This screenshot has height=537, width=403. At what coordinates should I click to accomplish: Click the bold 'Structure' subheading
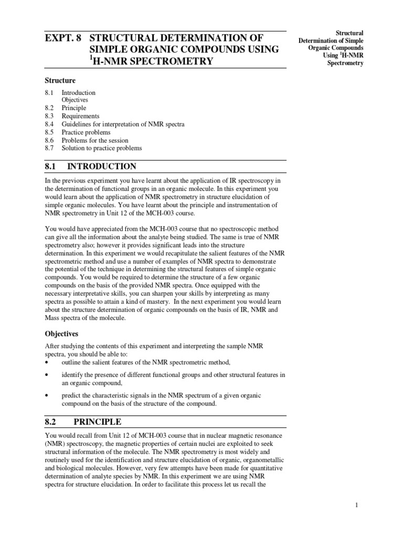(60, 81)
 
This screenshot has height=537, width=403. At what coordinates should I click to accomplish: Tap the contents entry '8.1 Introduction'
(78, 93)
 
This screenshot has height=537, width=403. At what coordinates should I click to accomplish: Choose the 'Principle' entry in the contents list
(74, 108)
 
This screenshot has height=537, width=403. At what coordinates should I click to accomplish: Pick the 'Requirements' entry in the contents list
(80, 116)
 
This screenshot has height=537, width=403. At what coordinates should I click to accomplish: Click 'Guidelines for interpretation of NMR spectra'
(123, 124)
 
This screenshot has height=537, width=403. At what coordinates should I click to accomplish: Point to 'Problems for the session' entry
(95, 141)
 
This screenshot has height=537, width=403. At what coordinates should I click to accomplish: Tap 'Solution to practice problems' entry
(102, 148)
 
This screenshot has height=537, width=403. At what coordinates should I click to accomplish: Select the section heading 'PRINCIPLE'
(98, 422)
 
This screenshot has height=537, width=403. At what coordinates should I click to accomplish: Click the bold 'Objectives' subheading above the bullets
(61, 334)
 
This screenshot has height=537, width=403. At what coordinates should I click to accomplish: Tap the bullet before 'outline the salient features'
(47, 362)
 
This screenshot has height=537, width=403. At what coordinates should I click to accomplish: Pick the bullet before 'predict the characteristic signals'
(47, 395)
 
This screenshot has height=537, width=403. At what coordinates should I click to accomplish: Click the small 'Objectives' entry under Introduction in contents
(75, 100)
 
